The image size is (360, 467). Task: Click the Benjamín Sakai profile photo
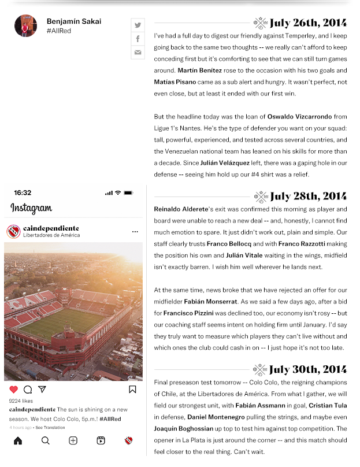click(x=25, y=26)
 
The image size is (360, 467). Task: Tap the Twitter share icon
click(x=138, y=25)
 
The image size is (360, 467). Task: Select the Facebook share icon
click(x=138, y=39)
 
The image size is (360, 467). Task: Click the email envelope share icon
click(x=138, y=53)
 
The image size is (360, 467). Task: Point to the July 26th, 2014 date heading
click(x=308, y=24)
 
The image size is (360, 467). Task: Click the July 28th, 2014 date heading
click(x=308, y=197)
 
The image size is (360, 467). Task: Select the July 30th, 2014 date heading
click(x=308, y=370)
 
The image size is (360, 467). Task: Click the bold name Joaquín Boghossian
click(x=184, y=429)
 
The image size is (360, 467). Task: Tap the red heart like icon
click(x=14, y=390)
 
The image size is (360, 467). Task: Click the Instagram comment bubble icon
click(x=28, y=390)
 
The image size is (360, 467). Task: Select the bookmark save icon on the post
click(x=132, y=390)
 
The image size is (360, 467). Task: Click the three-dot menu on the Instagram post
click(x=135, y=232)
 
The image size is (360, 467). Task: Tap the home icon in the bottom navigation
click(x=18, y=440)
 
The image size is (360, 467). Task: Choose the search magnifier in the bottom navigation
click(x=46, y=440)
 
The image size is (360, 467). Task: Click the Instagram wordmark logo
click(x=31, y=209)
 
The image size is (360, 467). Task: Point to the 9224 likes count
click(x=21, y=401)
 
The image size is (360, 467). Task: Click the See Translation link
click(x=50, y=428)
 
